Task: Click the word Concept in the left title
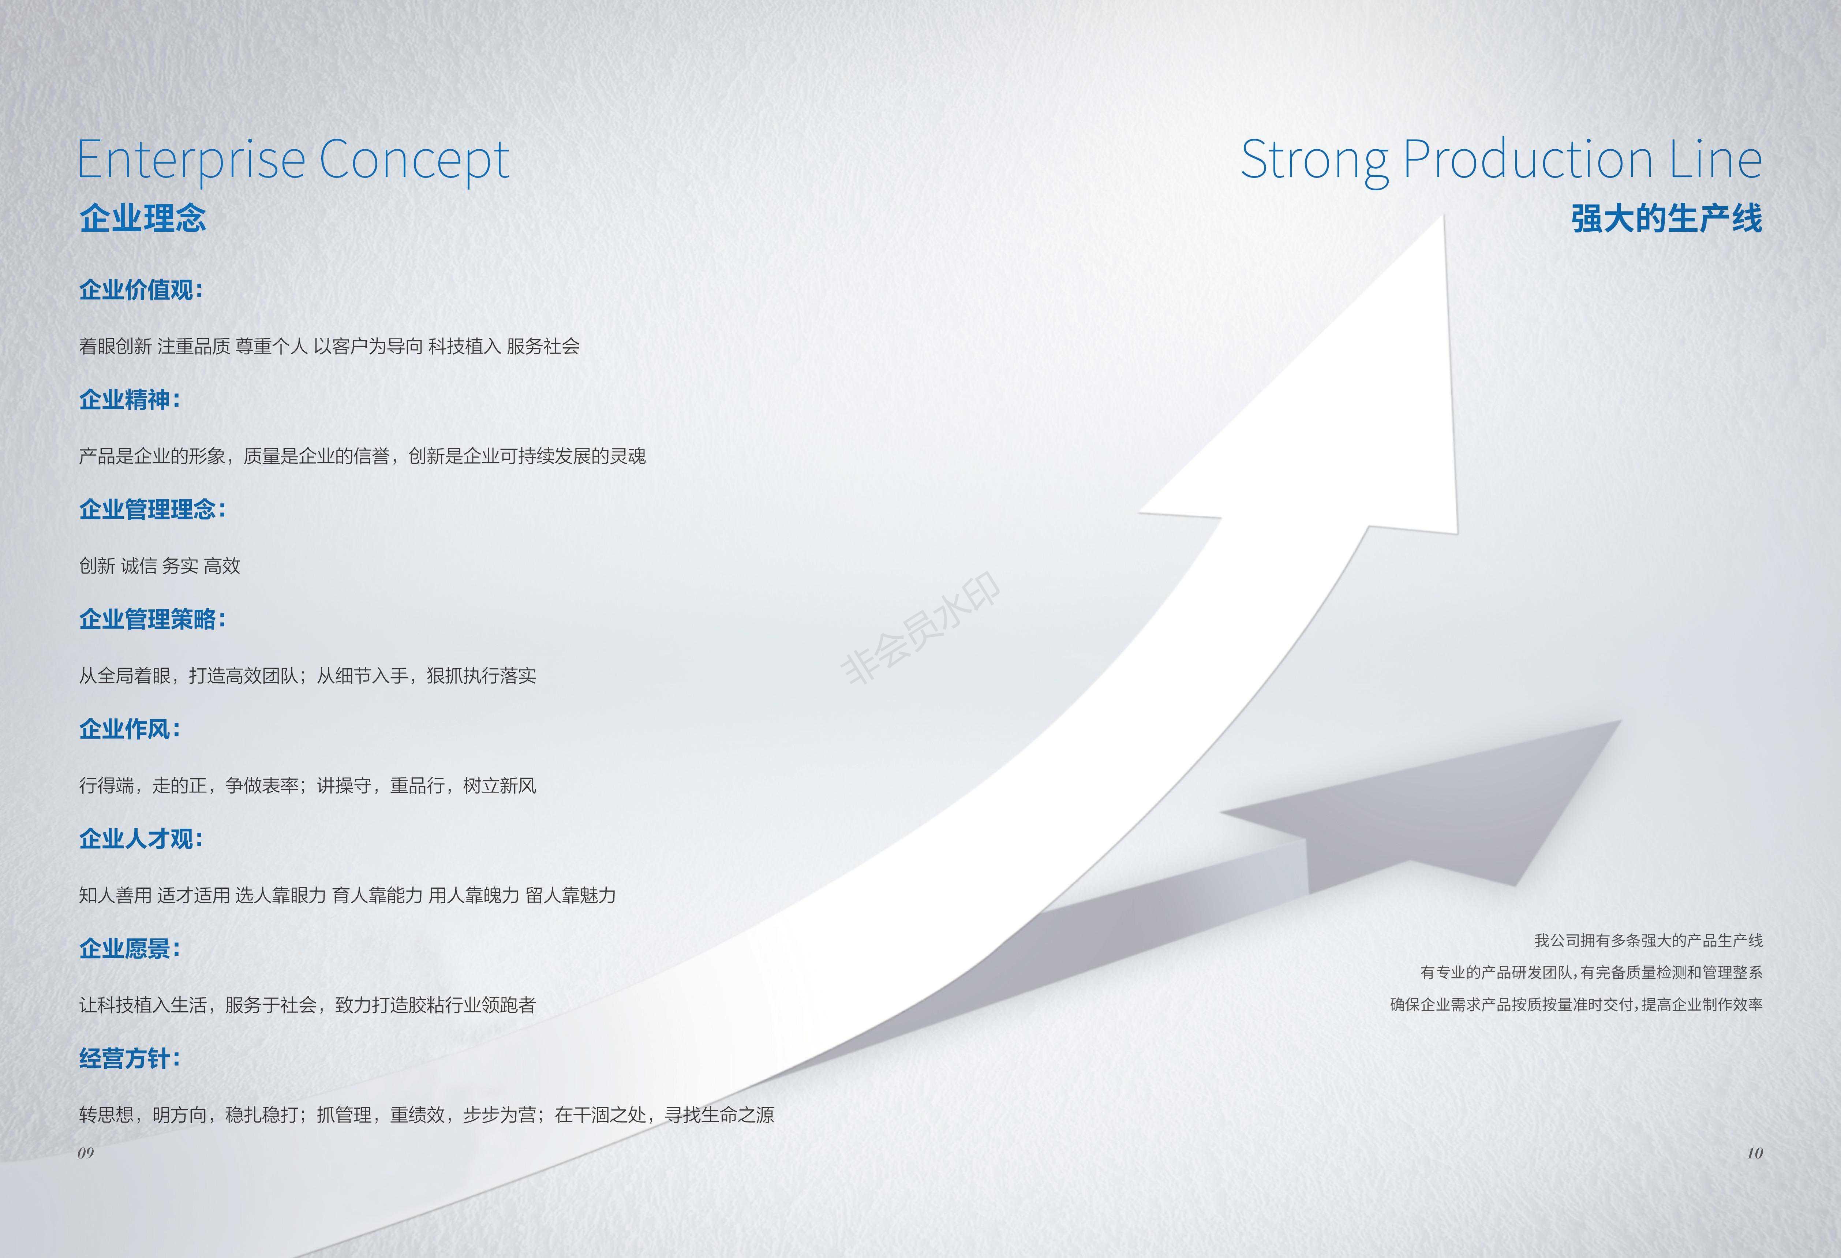coord(414,161)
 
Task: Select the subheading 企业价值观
coord(141,290)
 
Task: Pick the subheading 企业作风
coord(130,729)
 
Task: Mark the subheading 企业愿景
coord(130,948)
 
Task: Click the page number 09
coord(86,1153)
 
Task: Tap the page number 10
coord(1755,1153)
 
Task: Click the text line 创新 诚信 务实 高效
coord(159,565)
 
